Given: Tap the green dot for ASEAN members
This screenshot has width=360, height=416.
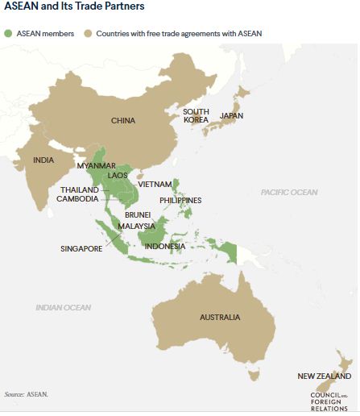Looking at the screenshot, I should click(10, 34).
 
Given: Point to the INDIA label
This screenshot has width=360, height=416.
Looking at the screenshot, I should click(43, 160).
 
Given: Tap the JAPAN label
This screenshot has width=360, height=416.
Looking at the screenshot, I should click(231, 116).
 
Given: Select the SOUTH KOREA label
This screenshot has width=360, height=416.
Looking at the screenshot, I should click(196, 115).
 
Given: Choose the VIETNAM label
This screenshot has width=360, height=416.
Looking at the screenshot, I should click(155, 184).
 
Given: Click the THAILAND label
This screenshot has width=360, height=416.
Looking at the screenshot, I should click(79, 190).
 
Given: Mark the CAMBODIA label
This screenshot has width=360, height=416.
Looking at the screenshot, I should click(79, 200).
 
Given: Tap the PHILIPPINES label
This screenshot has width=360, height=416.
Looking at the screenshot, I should click(180, 200).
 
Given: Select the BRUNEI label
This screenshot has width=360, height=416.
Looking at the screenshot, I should click(139, 216).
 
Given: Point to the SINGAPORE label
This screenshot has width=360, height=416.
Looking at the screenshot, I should click(81, 249).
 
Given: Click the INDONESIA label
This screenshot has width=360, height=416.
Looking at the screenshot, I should click(164, 246).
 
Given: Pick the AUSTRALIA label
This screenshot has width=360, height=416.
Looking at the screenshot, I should click(220, 318).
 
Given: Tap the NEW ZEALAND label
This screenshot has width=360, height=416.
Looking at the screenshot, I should click(324, 376).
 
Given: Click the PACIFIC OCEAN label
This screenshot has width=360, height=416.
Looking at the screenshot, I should click(288, 192).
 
